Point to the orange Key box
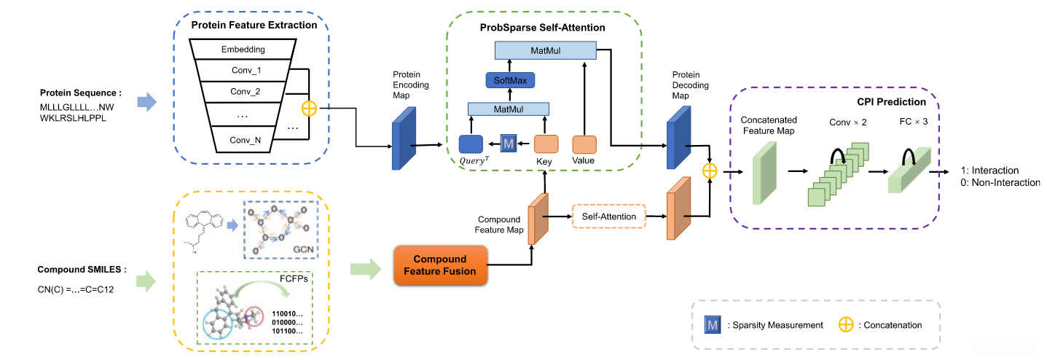pyautogui.click(x=546, y=144)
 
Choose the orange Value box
pyautogui.click(x=584, y=144)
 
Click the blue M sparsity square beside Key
pyautogui.click(x=509, y=144)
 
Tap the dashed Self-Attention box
pyautogui.click(x=609, y=216)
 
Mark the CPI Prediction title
pyautogui.click(x=891, y=102)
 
